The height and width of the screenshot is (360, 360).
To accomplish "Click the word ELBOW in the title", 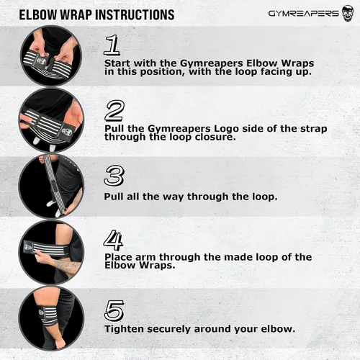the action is tap(38, 15).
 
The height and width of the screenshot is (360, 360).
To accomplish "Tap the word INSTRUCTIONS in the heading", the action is tap(135, 15).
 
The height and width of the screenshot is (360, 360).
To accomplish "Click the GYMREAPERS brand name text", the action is tap(303, 14).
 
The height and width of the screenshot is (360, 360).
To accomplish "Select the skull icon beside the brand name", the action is tap(348, 14).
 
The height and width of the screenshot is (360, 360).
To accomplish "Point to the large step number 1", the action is tap(112, 45).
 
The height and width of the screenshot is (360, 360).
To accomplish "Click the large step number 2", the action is tap(114, 111).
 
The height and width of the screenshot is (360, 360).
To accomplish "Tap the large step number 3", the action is tap(114, 176).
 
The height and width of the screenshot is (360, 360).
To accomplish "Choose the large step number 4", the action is tap(113, 240).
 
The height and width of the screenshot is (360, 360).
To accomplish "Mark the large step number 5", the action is tap(114, 310).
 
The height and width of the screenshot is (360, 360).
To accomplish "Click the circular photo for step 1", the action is tap(51, 56).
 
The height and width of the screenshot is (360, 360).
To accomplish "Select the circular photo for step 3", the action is tap(51, 186).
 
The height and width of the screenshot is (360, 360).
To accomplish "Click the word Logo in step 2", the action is tap(226, 129).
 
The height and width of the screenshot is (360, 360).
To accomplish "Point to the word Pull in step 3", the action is tap(114, 197).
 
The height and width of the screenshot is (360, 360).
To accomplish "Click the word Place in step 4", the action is tap(118, 257).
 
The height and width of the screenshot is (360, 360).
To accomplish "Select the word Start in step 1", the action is tap(117, 63).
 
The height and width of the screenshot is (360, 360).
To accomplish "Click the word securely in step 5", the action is tap(168, 329).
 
